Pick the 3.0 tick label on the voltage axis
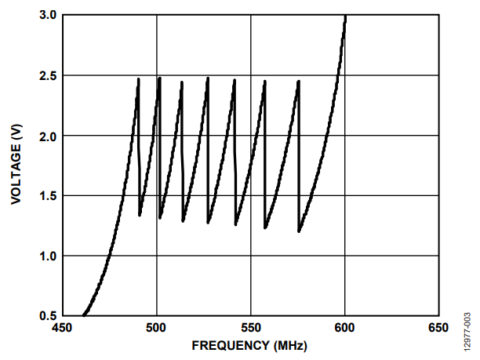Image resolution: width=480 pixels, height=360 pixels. coord(46,16)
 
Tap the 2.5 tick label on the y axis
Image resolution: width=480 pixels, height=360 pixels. coord(46,76)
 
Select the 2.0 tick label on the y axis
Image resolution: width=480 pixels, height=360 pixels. coord(46,136)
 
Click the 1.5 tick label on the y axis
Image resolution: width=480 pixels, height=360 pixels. coord(46,196)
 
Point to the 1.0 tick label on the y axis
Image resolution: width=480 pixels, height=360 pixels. coord(46,256)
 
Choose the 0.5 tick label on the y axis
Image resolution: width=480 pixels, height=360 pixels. coord(46,316)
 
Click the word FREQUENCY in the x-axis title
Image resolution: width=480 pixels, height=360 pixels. coord(227,345)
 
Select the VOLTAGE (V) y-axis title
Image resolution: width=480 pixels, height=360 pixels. coord(16,165)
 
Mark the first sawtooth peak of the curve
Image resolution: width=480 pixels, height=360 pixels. coord(139,79)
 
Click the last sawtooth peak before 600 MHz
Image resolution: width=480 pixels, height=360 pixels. coord(299,81)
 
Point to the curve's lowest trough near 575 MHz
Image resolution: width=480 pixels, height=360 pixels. coord(299,231)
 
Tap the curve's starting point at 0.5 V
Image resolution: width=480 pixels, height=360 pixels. coord(83,315)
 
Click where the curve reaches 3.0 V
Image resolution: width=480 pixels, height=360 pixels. coord(345,16)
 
